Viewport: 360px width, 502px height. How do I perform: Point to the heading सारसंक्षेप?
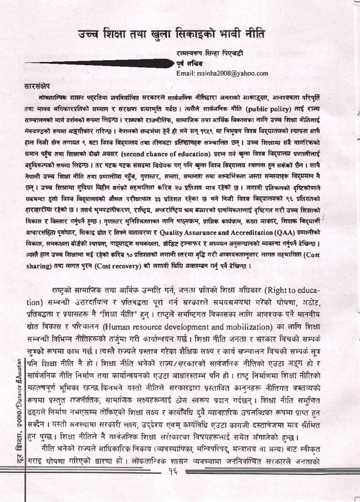(x=40, y=84)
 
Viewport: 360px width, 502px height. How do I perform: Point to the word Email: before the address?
(x=185, y=73)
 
